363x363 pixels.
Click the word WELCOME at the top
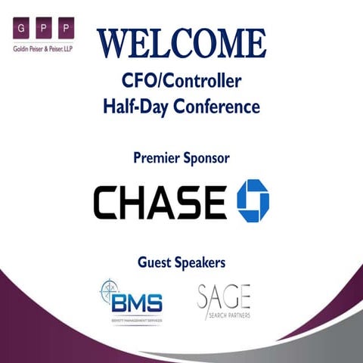tap(181, 43)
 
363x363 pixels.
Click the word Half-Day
tap(135, 106)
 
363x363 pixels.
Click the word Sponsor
tap(206, 158)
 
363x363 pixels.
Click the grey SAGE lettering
tap(224, 296)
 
